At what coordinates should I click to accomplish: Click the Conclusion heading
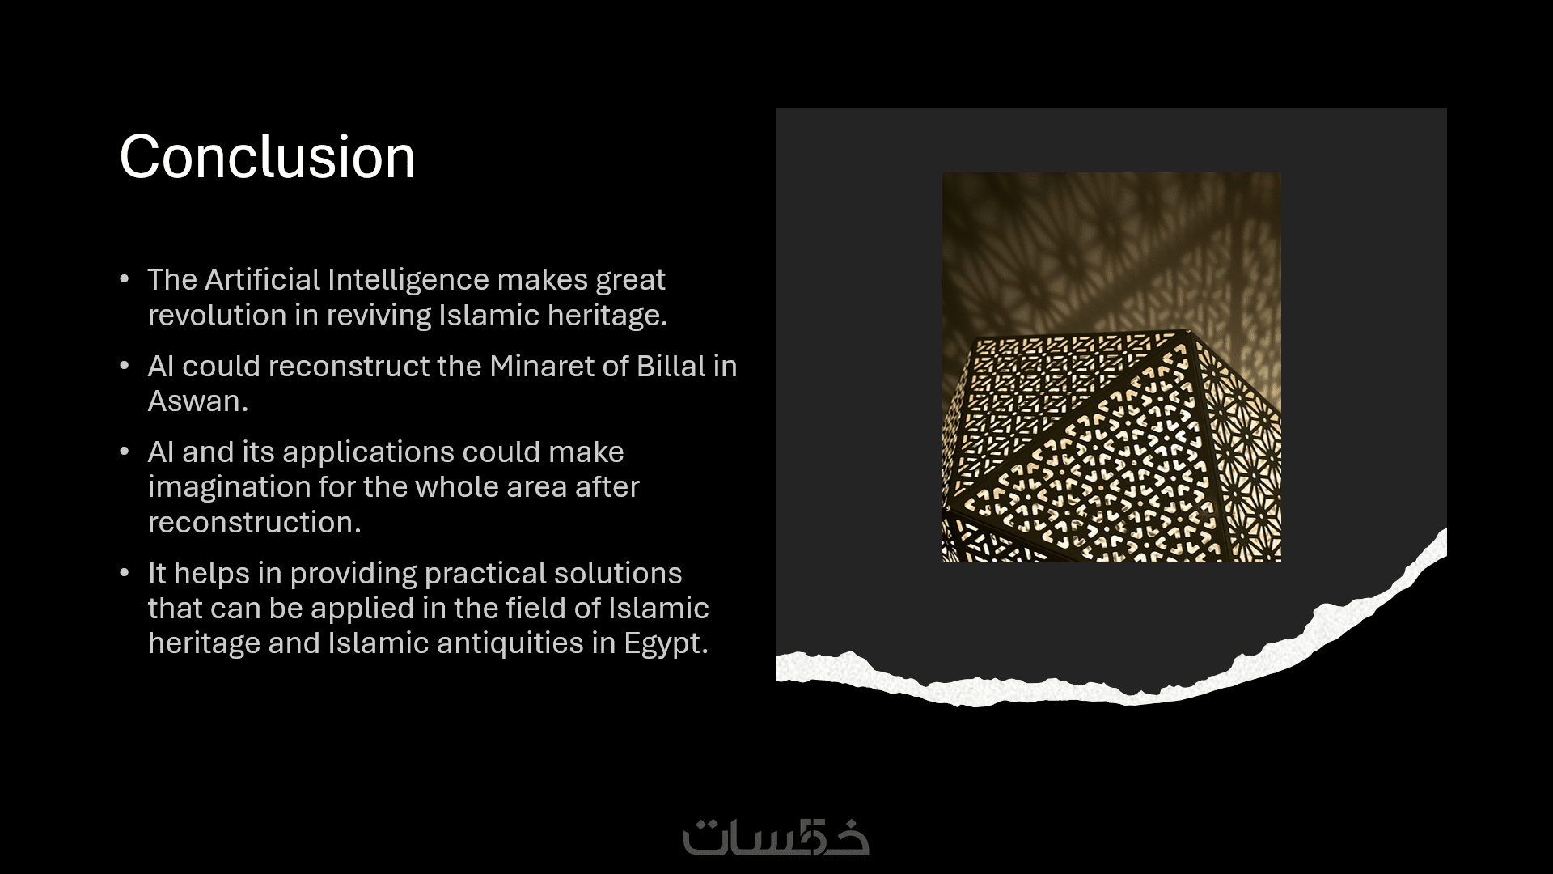point(267,157)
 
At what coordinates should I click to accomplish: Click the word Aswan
point(197,401)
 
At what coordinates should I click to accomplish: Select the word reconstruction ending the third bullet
point(254,522)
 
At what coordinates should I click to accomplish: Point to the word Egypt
point(666,644)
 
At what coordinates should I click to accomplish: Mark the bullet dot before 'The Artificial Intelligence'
point(125,279)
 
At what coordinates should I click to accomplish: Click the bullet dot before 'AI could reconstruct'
point(125,366)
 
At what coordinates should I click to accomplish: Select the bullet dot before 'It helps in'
point(125,573)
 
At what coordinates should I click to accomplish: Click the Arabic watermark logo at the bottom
point(776,837)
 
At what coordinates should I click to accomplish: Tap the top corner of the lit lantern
point(1186,330)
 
